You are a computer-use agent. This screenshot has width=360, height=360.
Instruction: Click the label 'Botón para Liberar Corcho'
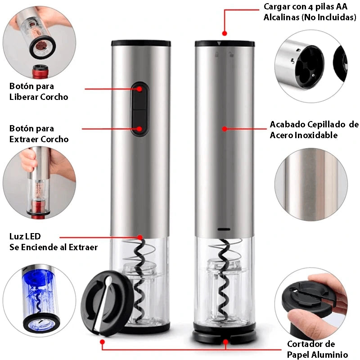[39, 91]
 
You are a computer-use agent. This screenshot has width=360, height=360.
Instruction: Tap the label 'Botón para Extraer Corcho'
[39, 134]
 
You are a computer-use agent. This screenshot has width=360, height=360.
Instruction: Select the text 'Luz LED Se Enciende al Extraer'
[53, 242]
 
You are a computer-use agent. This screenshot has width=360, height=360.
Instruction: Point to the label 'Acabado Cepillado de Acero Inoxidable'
[314, 130]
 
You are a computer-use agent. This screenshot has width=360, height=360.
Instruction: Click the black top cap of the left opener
[140, 44]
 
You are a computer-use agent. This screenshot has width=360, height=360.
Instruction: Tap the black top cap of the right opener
[225, 44]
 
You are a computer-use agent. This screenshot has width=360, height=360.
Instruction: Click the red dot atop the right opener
[225, 33]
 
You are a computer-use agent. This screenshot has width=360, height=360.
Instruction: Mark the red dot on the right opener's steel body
[225, 129]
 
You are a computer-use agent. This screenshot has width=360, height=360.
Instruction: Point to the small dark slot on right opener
[225, 229]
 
